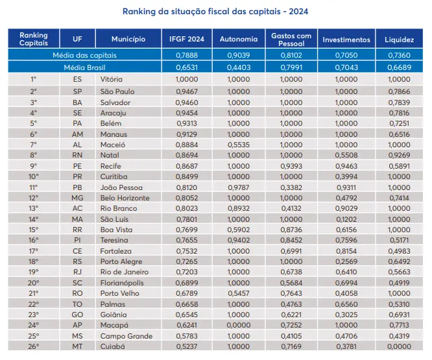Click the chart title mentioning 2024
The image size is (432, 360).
click(x=215, y=12)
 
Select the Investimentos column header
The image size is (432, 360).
click(x=346, y=40)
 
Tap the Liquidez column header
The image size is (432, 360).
click(x=399, y=40)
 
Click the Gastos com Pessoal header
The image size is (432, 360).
click(x=291, y=40)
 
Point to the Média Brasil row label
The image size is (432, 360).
click(x=84, y=67)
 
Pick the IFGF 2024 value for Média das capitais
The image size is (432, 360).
click(x=187, y=55)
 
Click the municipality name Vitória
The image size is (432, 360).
click(x=112, y=79)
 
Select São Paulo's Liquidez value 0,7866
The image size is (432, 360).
click(x=399, y=91)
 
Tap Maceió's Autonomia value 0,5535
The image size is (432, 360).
click(x=239, y=145)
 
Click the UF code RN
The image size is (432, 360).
click(x=77, y=155)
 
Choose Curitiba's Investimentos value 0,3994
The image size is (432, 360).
click(x=346, y=176)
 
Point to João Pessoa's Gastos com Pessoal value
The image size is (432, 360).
click(x=291, y=187)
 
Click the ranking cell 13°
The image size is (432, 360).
click(x=34, y=208)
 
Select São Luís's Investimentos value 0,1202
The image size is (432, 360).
click(x=346, y=219)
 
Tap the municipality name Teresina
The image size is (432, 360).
click(x=114, y=240)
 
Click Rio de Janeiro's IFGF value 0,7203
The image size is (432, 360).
click(x=187, y=272)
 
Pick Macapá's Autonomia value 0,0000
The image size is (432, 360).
click(x=239, y=325)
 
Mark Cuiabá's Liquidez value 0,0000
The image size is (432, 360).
click(x=399, y=346)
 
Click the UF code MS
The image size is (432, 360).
click(x=77, y=336)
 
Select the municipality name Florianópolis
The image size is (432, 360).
click(x=122, y=283)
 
